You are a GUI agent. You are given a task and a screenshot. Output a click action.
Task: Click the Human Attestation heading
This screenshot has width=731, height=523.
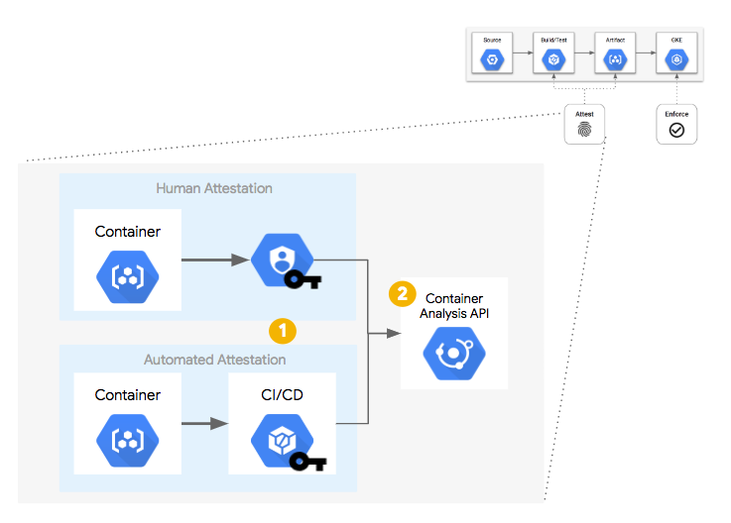point(214,188)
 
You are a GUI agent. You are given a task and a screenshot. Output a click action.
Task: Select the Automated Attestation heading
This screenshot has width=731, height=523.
point(214,360)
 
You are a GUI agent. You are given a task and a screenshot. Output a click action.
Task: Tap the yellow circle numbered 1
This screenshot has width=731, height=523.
point(283,330)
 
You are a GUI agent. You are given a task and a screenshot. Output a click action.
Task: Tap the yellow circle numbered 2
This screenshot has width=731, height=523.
point(402,293)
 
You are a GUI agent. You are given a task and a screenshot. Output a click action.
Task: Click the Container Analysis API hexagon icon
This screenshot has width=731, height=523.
point(453,354)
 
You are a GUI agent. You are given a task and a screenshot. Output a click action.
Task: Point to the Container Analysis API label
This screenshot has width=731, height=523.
point(454,306)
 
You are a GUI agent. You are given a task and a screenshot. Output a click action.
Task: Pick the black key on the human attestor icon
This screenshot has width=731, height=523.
point(305,280)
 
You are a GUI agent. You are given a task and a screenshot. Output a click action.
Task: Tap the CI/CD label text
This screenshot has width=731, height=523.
point(283,395)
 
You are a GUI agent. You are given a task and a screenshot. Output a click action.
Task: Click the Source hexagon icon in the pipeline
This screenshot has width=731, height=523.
point(492,60)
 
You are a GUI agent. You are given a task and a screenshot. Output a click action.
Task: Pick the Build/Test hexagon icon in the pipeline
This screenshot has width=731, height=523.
point(553,60)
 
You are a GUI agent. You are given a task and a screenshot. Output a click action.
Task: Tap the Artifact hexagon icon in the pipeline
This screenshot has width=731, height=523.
point(614,60)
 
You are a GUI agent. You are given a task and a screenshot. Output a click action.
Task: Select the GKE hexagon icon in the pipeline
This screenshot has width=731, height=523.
point(675,60)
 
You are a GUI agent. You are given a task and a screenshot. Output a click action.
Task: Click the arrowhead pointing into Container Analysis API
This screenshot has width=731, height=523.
point(394,335)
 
